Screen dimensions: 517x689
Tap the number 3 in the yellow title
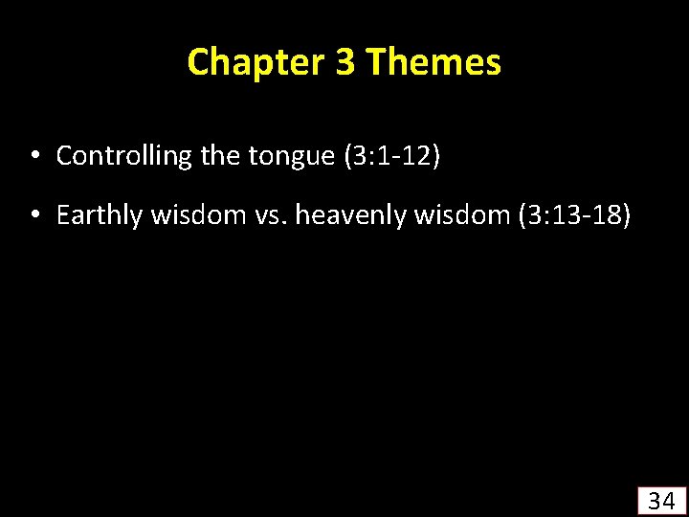point(345,62)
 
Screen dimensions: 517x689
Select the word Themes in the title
point(433,62)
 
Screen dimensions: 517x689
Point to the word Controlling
point(124,156)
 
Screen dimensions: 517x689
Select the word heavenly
point(350,216)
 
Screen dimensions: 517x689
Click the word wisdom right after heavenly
point(460,216)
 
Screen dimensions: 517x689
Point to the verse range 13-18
point(588,216)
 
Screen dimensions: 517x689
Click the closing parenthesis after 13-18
point(626,216)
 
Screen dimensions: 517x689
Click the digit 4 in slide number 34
point(669,500)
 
